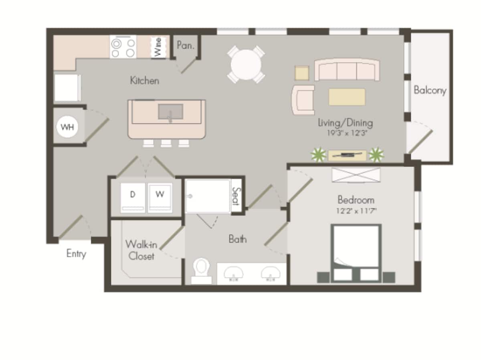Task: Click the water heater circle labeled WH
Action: pyautogui.click(x=67, y=127)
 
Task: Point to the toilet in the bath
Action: pyautogui.click(x=201, y=269)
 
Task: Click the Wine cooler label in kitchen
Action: pyautogui.click(x=158, y=47)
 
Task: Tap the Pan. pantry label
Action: pyautogui.click(x=185, y=46)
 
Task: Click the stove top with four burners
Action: pyautogui.click(x=123, y=47)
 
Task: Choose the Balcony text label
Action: pyautogui.click(x=430, y=90)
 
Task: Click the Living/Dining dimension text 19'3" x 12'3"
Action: pyautogui.click(x=345, y=133)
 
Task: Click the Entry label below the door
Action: pyautogui.click(x=76, y=254)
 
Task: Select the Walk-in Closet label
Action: pyautogui.click(x=141, y=250)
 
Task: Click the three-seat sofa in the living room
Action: pyautogui.click(x=347, y=71)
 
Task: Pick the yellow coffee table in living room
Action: pyautogui.click(x=347, y=97)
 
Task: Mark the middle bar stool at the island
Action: pyautogui.click(x=166, y=143)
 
